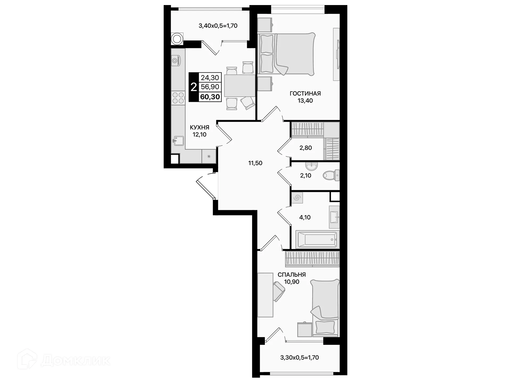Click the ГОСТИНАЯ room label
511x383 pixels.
tap(305, 93)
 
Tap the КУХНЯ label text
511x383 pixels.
tap(199, 127)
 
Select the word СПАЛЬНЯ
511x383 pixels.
tap(292, 274)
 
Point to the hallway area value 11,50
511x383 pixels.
tap(255, 163)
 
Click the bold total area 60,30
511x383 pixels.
tap(210, 97)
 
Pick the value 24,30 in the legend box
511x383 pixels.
tap(210, 78)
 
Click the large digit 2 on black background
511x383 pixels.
tap(194, 87)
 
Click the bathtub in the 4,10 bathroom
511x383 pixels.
tap(317, 239)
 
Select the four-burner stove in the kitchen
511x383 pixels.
tap(178, 98)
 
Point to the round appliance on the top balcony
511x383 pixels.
tap(177, 39)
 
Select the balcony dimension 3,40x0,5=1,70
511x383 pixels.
tap(218, 26)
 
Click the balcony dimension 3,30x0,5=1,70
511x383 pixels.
tap(299, 357)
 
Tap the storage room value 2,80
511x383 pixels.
tap(306, 148)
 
